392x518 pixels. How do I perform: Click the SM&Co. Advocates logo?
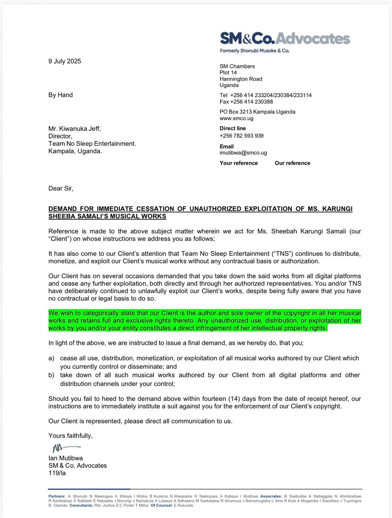pos(285,38)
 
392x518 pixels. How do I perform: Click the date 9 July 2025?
pos(65,61)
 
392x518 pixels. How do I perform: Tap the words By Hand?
pos(60,95)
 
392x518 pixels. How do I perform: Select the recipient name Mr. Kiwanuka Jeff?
pos(75,129)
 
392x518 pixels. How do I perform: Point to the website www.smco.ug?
pos(236,118)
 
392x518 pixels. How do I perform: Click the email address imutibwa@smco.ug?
pos(243,153)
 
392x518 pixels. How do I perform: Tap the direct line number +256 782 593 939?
pos(241,136)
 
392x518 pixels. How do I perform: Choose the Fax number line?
pos(246,102)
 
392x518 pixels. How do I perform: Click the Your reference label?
pos(239,163)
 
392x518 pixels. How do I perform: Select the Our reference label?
pos(292,163)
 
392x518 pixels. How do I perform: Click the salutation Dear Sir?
pos(61,188)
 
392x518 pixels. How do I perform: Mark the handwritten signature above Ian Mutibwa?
pos(66,448)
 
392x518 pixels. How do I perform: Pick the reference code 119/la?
pos(57,473)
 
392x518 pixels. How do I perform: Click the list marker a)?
pos(51,358)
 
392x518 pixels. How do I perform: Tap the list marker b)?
pos(51,375)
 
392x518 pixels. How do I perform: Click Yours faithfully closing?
pos(70,435)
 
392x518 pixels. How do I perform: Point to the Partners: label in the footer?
pos(57,496)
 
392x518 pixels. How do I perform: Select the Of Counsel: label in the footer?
pos(161,505)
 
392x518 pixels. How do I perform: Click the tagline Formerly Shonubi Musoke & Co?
pos(254,51)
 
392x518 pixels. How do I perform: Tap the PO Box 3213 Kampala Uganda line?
pos(257,112)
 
